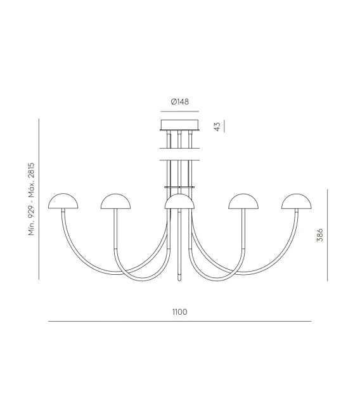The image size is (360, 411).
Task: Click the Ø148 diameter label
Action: pos(180,101)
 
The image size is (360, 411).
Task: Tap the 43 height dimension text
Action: pos(217,127)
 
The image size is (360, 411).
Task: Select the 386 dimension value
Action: pos(320,235)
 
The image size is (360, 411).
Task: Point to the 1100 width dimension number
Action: pos(180,312)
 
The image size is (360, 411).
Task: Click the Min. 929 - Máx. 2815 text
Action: pos(32,199)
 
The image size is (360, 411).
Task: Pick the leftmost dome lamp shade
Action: pos(63,201)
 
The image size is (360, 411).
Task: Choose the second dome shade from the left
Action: pos(116,201)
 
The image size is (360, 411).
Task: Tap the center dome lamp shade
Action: pos(179,201)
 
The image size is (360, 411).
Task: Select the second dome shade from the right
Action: pos(243,201)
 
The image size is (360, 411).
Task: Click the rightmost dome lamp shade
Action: pos(297,201)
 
